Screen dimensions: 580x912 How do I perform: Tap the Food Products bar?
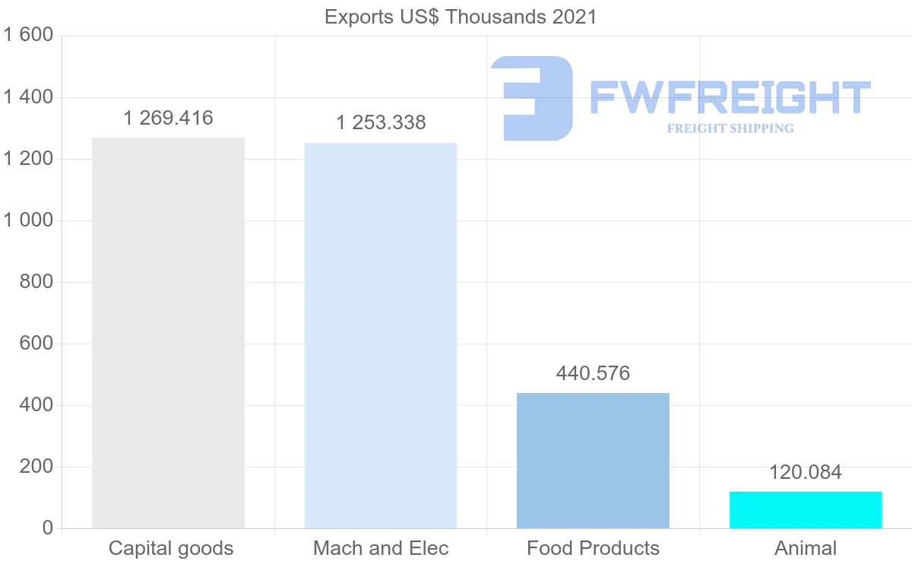pyautogui.click(x=593, y=460)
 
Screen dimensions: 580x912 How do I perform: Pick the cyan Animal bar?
pyautogui.click(x=806, y=509)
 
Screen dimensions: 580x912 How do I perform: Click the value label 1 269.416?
pyautogui.click(x=168, y=119)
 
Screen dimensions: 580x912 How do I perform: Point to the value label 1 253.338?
pyautogui.click(x=381, y=122)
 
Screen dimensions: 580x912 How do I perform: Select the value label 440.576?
pyautogui.click(x=593, y=373)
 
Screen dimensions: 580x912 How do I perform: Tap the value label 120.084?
pyautogui.click(x=806, y=472)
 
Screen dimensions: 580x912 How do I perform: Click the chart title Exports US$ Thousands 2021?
pyautogui.click(x=461, y=17)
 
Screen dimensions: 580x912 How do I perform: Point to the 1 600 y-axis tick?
pyautogui.click(x=28, y=35)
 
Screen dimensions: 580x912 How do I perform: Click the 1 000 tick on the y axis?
pyautogui.click(x=28, y=220)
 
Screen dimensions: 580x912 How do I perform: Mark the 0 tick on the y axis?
pyautogui.click(x=47, y=528)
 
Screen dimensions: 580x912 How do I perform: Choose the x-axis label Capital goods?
pyautogui.click(x=171, y=548)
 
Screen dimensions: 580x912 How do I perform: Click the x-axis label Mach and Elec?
pyautogui.click(x=381, y=548)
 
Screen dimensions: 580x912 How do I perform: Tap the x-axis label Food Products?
pyautogui.click(x=593, y=548)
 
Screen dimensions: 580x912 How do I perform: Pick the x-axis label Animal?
pyautogui.click(x=806, y=548)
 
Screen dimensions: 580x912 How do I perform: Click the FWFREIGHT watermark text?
pyautogui.click(x=730, y=97)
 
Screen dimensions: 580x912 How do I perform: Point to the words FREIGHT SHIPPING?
pyautogui.click(x=730, y=128)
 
